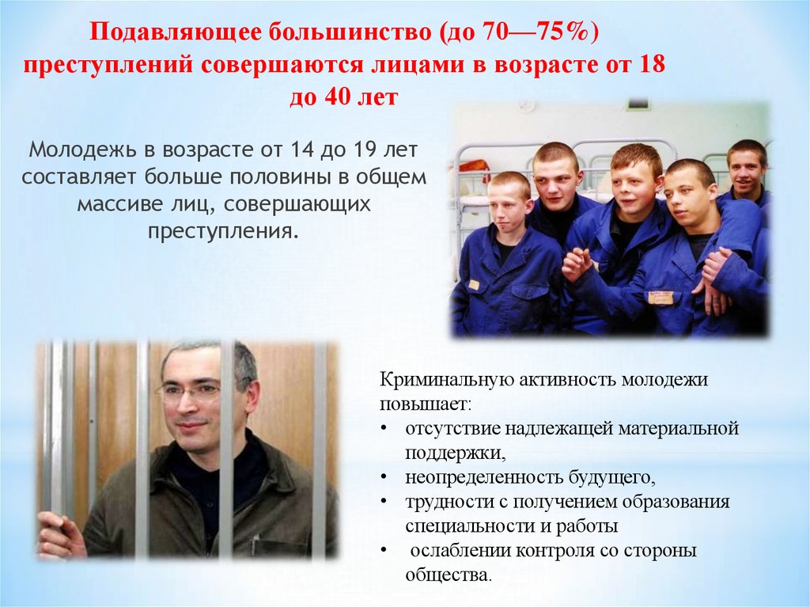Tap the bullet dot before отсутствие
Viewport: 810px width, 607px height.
click(384, 430)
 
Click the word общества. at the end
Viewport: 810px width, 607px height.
click(448, 575)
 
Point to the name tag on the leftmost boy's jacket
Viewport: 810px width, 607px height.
click(475, 284)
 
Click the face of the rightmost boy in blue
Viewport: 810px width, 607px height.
click(747, 169)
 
